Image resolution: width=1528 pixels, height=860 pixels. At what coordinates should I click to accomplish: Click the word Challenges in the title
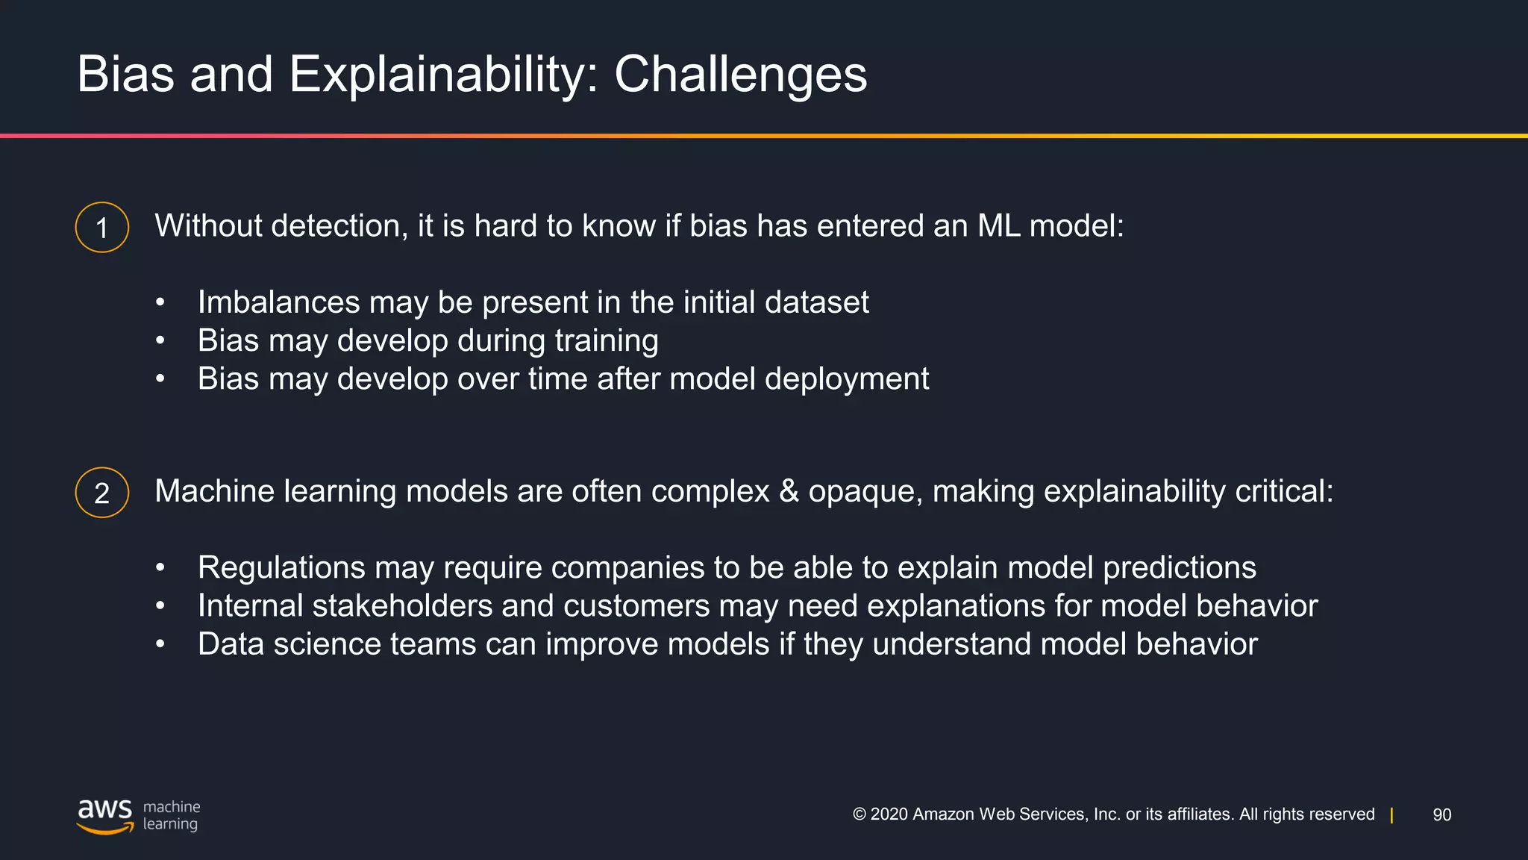tap(740, 75)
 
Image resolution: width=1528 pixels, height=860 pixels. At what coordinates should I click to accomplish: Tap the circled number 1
tap(102, 228)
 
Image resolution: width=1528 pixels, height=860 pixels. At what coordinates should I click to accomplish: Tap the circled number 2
tap(102, 493)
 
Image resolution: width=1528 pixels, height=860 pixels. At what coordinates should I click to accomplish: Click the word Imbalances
tap(278, 302)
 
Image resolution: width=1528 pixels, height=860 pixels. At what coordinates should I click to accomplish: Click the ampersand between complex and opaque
tap(789, 491)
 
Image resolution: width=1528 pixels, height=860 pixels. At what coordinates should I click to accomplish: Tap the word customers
tap(636, 606)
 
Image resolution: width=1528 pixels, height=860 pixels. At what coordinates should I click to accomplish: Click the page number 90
tap(1441, 815)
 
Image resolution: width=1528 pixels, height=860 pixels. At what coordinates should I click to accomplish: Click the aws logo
tap(104, 814)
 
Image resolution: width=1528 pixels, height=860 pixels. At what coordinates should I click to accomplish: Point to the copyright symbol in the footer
tap(859, 814)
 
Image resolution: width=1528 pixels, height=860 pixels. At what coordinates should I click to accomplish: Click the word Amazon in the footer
tap(943, 814)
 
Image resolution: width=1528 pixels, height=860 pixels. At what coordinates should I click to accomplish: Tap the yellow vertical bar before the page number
tap(1391, 815)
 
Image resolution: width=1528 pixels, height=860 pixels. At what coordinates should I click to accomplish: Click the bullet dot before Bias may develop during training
tap(160, 341)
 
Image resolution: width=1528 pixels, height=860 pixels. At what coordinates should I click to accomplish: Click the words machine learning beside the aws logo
tap(171, 815)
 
